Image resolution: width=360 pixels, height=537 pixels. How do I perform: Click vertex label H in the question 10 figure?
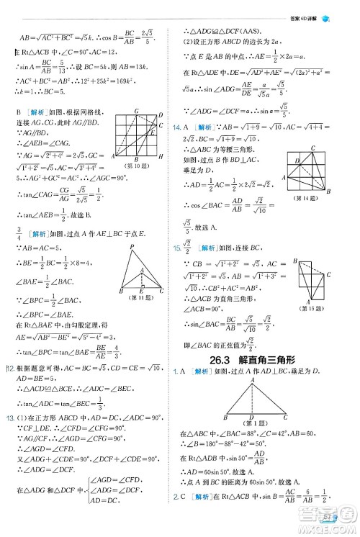pyautogui.click(x=159, y=155)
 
